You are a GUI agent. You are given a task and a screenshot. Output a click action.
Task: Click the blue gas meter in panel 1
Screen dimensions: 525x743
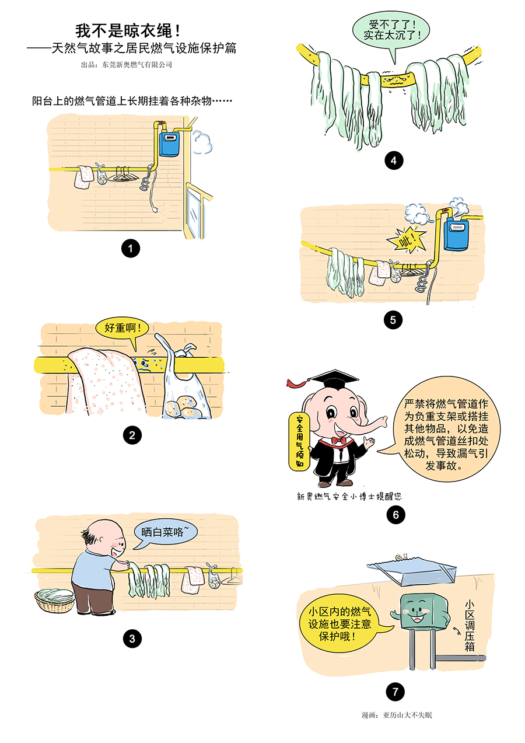(169, 144)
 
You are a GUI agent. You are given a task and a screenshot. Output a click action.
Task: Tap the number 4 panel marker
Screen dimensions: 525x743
(393, 161)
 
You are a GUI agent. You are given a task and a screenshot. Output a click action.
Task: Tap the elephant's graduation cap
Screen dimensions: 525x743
(334, 381)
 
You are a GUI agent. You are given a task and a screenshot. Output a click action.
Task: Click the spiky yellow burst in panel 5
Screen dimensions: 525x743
(407, 240)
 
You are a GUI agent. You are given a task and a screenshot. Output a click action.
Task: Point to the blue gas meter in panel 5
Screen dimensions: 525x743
(456, 235)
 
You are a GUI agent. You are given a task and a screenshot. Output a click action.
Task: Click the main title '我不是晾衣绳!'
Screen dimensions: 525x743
(128, 31)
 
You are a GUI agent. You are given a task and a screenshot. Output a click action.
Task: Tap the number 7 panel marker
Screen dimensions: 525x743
(395, 692)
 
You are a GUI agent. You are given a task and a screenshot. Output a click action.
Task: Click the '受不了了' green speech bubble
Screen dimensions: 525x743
(391, 32)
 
